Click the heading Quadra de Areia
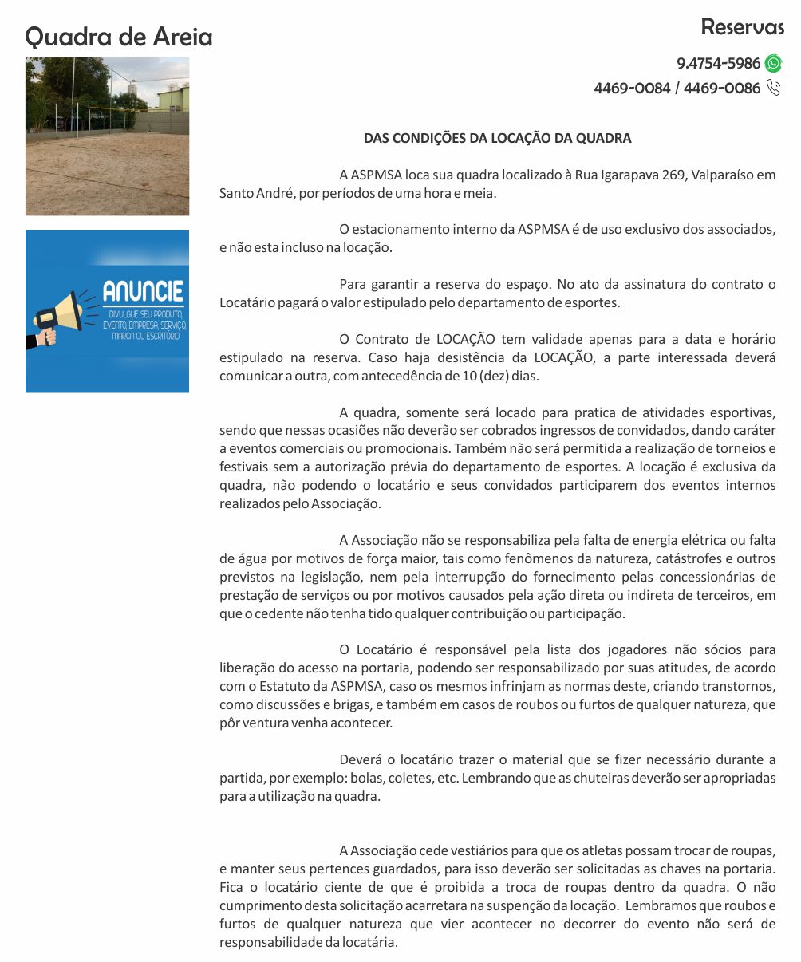(x=119, y=37)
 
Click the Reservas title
(x=742, y=26)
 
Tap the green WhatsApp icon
(x=773, y=64)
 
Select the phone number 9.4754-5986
(x=718, y=64)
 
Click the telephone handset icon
(x=773, y=88)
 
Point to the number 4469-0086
(x=721, y=88)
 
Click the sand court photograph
(x=107, y=136)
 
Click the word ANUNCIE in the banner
(x=143, y=291)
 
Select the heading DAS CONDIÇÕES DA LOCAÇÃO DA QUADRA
(x=497, y=138)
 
